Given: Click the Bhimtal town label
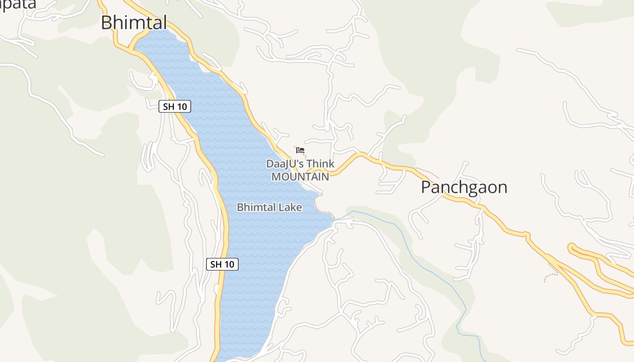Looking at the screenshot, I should click(x=134, y=22).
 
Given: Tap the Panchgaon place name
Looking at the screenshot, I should click(x=464, y=187).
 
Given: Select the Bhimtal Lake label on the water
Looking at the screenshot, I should click(x=269, y=207).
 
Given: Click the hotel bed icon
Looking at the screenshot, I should click(x=300, y=150).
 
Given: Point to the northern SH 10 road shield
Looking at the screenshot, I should click(x=175, y=107).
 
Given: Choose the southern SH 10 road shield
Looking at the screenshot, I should click(x=222, y=264).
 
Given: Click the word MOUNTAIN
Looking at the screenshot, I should click(x=300, y=176).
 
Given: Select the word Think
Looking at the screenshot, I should click(x=320, y=164).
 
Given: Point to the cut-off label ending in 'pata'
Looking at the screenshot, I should click(x=18, y=5).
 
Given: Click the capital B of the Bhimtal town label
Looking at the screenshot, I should click(x=106, y=22).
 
